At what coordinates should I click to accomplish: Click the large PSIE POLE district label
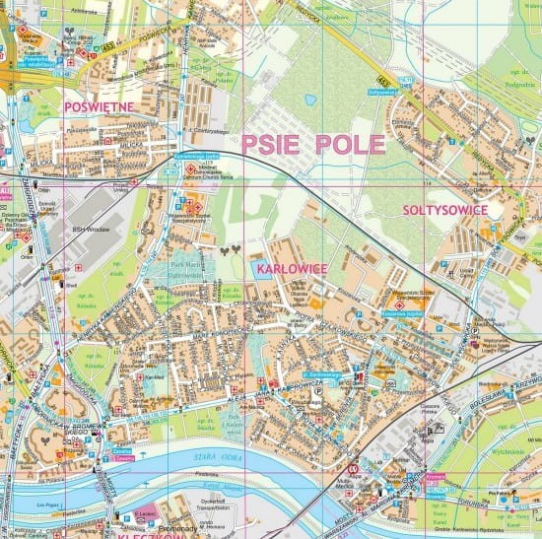[312, 145]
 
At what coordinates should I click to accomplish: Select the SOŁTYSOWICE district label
[444, 210]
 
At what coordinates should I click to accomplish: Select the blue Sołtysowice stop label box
[381, 92]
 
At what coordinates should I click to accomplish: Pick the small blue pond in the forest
[311, 100]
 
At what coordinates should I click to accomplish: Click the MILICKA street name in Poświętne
[130, 144]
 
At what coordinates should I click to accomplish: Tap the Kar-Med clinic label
[154, 375]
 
